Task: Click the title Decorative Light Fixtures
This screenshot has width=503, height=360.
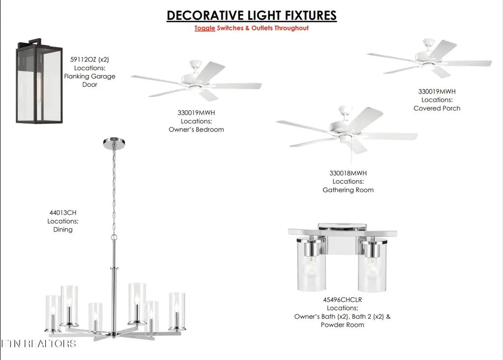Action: tap(251, 15)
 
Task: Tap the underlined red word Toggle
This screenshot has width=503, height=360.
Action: tap(205, 28)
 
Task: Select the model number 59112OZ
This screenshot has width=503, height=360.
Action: tap(83, 60)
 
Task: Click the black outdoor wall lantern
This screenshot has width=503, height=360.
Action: tap(39, 81)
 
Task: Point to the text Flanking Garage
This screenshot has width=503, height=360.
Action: tap(89, 77)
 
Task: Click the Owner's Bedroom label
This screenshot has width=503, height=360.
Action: tap(196, 129)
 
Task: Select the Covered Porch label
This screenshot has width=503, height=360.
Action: tap(437, 108)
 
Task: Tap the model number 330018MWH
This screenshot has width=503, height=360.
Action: tap(348, 173)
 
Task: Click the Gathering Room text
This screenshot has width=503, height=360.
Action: tap(348, 190)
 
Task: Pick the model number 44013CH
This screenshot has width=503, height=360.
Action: tap(63, 212)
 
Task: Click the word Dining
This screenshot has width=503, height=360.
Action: tap(63, 230)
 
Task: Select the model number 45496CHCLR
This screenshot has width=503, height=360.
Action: tap(342, 300)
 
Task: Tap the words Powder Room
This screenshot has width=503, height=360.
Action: tap(342, 325)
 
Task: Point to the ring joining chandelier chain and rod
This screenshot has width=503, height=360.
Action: tap(114, 237)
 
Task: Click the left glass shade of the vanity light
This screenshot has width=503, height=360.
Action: tap(312, 264)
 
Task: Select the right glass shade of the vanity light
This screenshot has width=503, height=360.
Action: tap(372, 265)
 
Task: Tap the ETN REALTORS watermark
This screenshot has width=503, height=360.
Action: tap(38, 344)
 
